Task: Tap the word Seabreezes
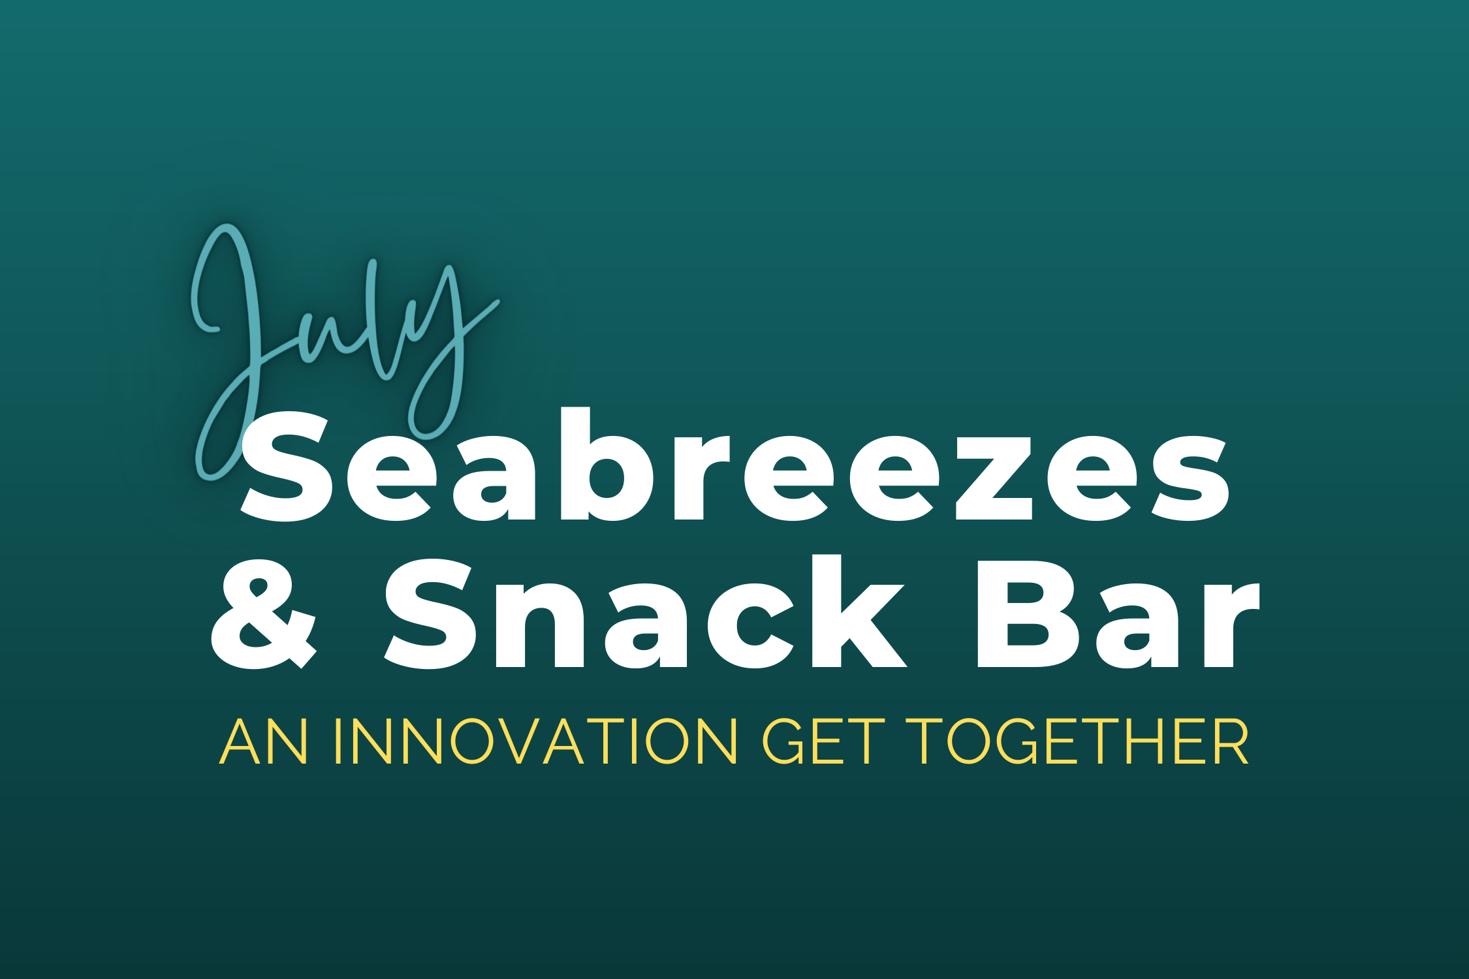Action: (735, 465)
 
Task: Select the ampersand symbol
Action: (264, 614)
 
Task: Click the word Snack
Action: (645, 612)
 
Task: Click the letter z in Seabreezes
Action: (994, 478)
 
